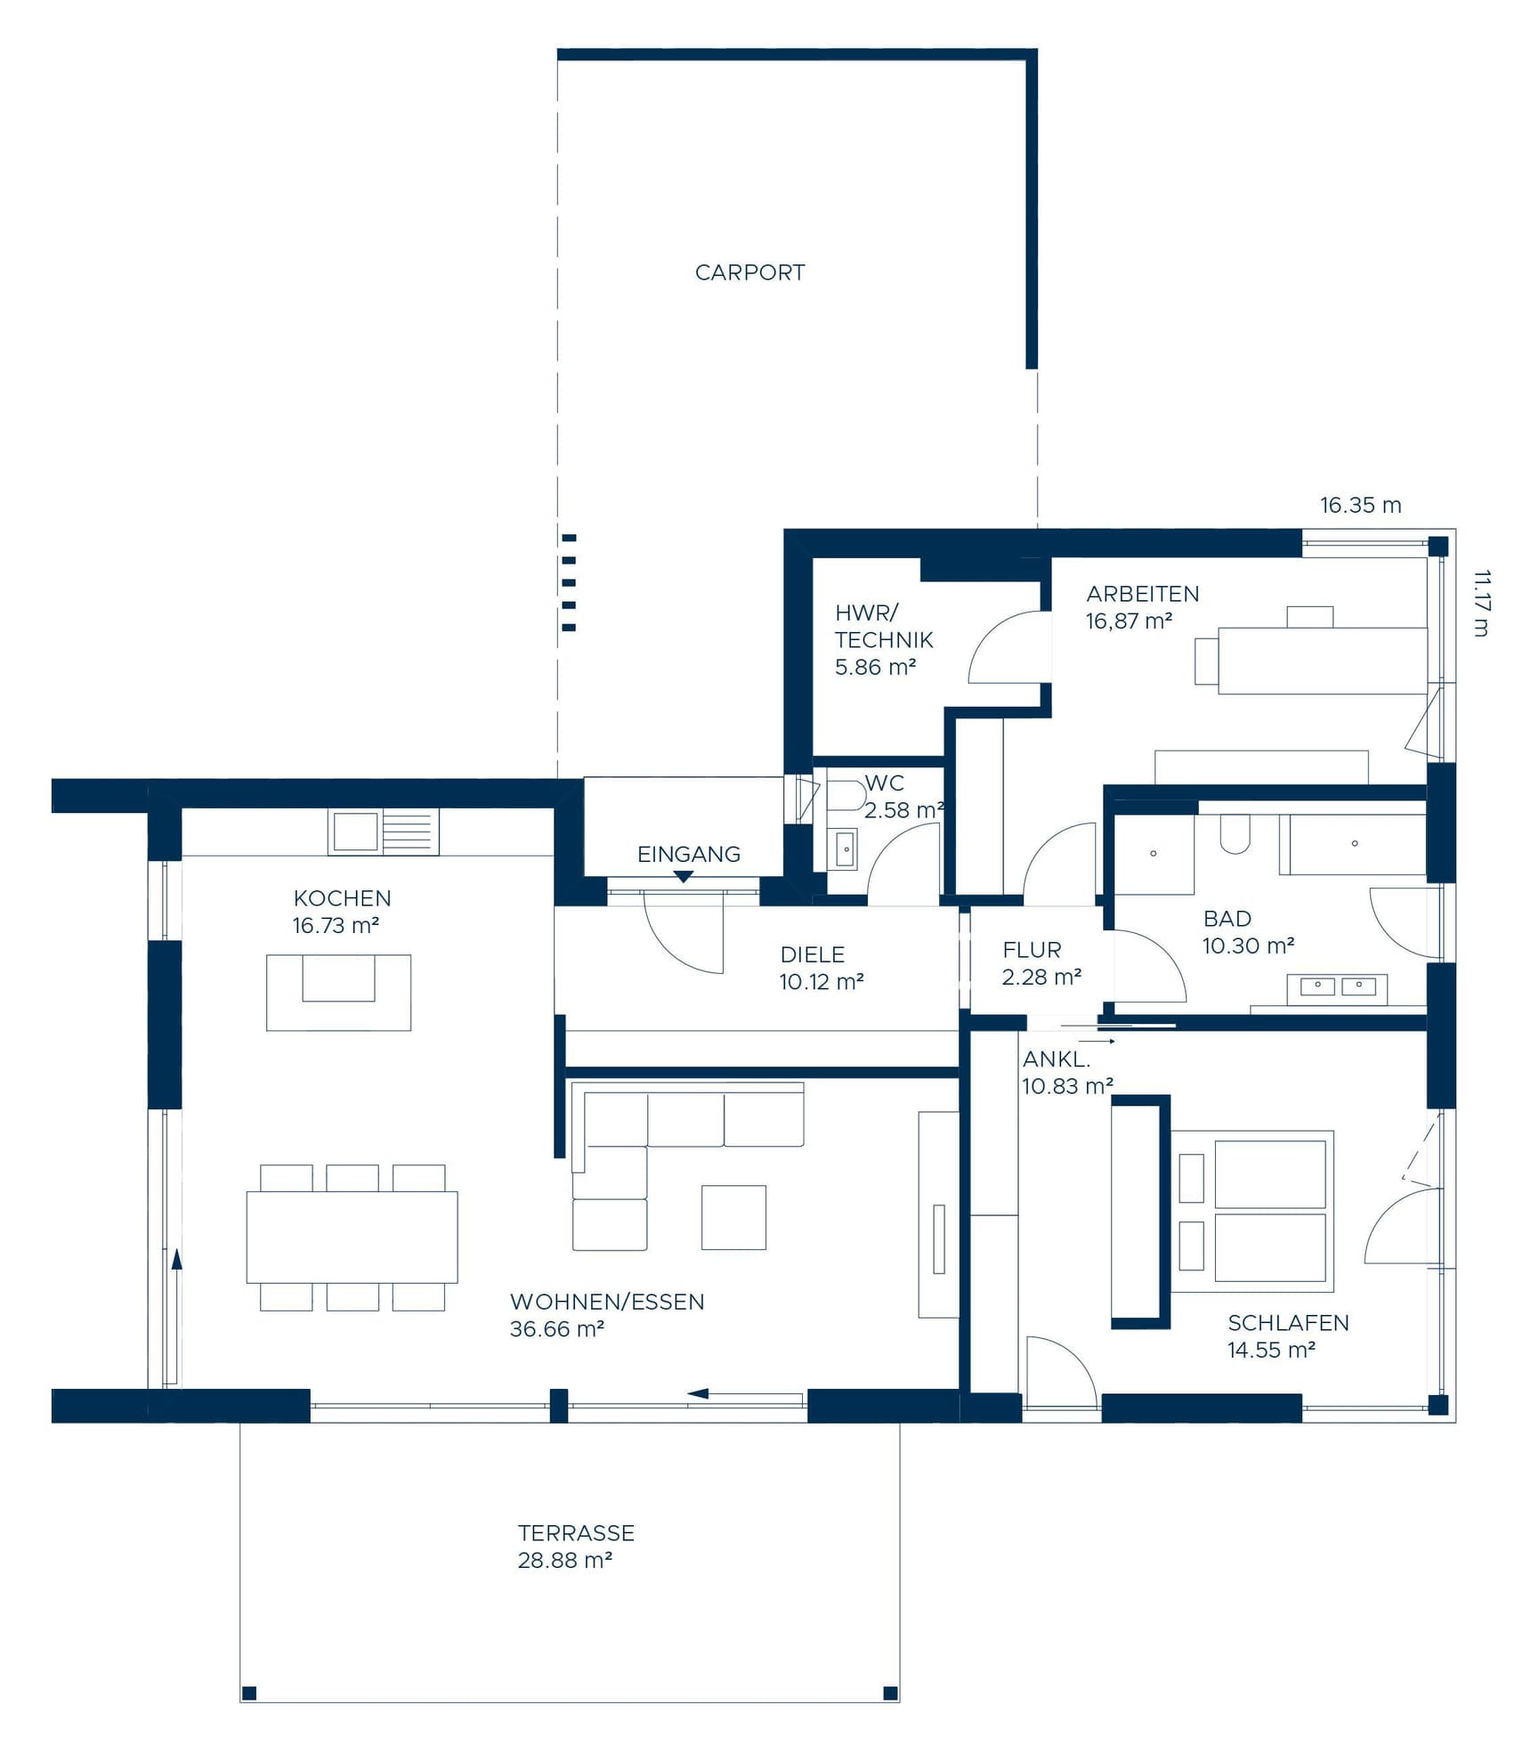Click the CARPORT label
point(749,272)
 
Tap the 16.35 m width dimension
point(1359,506)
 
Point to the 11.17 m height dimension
point(1480,604)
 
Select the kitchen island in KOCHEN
point(338,993)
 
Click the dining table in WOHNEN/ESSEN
point(352,1237)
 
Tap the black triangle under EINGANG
point(683,877)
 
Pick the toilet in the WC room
point(845,795)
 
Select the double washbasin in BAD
point(1337,986)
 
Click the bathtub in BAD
point(1353,844)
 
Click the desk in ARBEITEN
point(1322,660)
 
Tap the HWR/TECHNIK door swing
point(1006,650)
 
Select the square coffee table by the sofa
point(733,1217)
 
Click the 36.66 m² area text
point(557,1329)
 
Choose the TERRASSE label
point(576,1533)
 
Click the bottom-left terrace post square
point(249,1692)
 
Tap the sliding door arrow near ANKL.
point(1098,1041)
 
